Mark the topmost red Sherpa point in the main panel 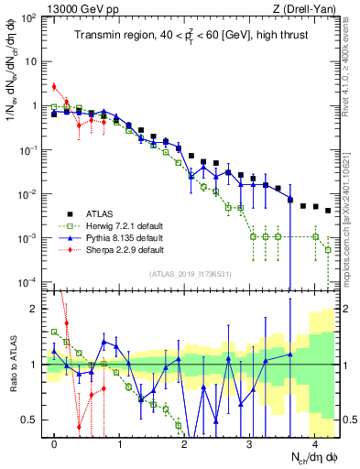point(54,87)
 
